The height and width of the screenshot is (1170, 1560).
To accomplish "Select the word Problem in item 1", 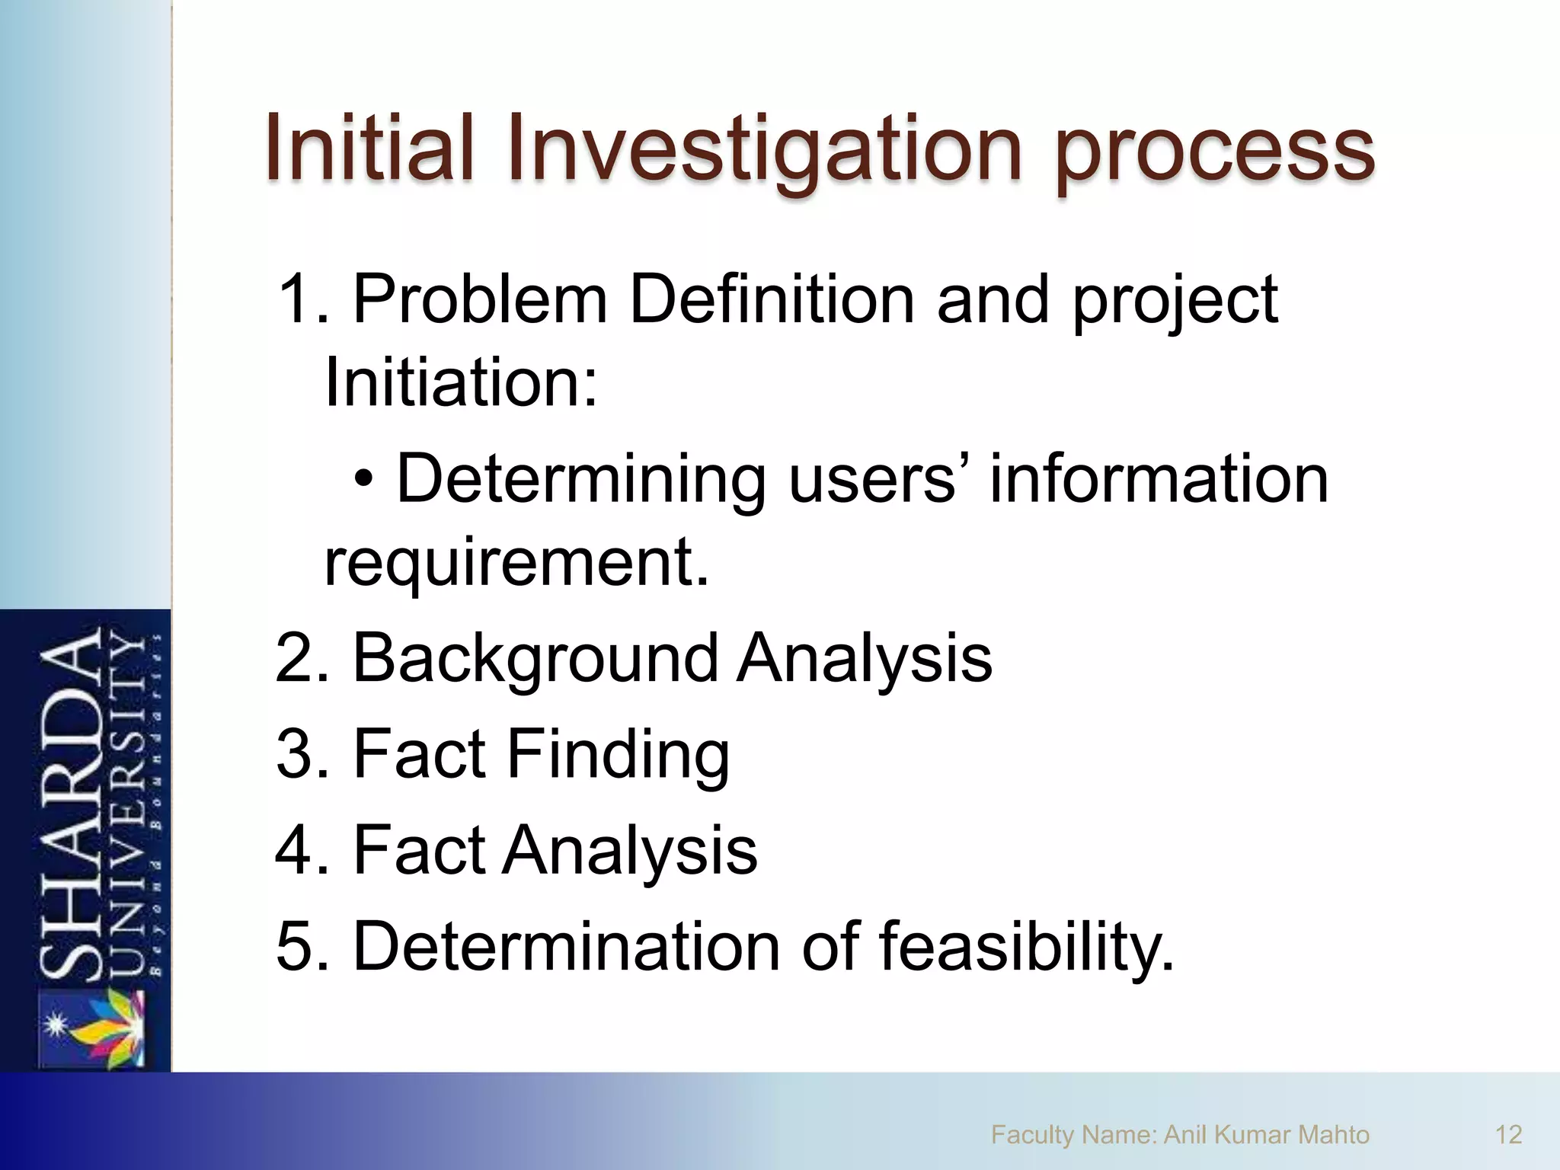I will [x=480, y=299].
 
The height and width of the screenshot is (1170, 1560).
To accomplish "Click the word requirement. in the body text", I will [x=516, y=564].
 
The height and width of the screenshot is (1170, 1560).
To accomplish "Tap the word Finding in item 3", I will [x=617, y=756].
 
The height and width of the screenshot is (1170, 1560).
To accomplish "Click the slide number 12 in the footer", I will [x=1508, y=1135].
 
